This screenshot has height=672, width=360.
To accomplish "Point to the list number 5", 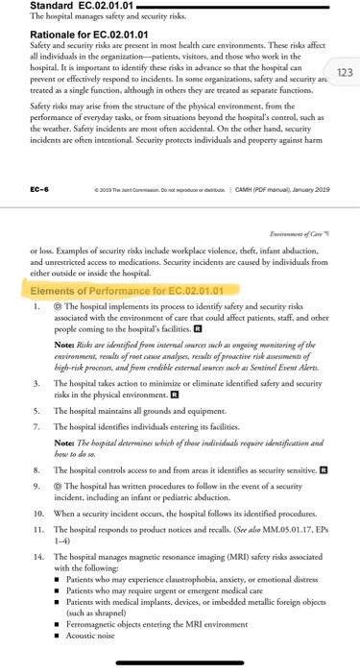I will tap(36, 435).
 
